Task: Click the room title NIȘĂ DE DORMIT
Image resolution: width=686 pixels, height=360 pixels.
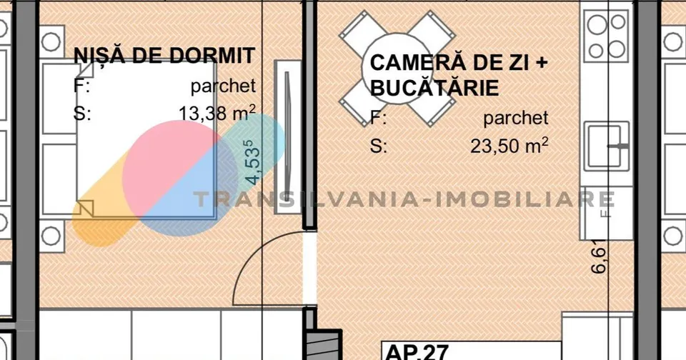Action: click(164, 56)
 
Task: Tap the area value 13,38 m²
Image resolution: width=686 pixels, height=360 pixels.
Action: click(217, 114)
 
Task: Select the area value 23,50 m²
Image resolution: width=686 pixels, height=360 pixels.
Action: click(509, 145)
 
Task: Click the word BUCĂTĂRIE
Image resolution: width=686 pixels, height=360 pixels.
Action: click(434, 88)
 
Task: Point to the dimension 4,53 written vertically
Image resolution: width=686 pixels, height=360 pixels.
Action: click(252, 162)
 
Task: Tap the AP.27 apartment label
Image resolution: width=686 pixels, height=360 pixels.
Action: click(416, 351)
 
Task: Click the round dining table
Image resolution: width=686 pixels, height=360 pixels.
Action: click(397, 69)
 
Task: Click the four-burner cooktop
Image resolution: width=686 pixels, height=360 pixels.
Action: click(607, 36)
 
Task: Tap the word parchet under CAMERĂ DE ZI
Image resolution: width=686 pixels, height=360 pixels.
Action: click(516, 118)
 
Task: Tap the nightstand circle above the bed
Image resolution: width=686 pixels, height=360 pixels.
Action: click(51, 42)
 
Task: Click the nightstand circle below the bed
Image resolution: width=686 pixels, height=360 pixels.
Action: click(51, 236)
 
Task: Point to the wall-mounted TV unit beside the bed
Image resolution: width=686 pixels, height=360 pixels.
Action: click(288, 137)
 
